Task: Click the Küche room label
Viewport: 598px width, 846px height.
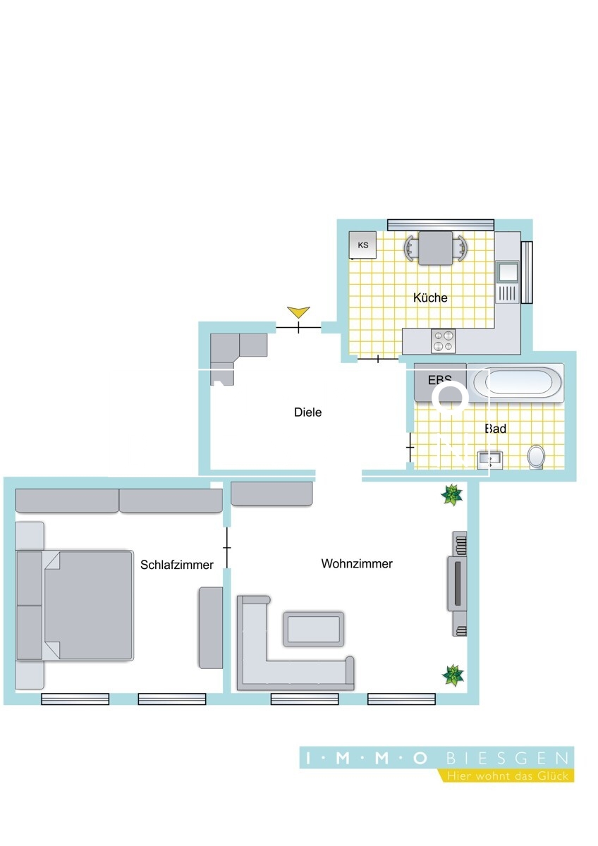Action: tap(430, 298)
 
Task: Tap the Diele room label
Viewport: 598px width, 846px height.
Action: tap(307, 412)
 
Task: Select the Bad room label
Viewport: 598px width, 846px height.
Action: tap(496, 429)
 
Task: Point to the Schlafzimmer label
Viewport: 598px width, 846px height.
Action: tap(177, 565)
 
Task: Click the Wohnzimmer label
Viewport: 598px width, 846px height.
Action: tap(357, 564)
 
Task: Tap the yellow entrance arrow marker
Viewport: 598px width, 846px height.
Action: tap(299, 312)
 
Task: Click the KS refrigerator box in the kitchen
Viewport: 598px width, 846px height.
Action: tap(363, 245)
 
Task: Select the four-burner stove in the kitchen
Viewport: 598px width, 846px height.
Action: tap(443, 341)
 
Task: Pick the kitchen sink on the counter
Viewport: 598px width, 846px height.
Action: tap(507, 271)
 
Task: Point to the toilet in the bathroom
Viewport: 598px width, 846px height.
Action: tap(537, 456)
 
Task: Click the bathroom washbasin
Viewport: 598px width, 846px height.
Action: tap(489, 460)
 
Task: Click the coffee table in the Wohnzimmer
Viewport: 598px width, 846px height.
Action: tap(314, 628)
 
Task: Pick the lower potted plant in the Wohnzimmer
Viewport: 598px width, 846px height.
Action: tap(452, 675)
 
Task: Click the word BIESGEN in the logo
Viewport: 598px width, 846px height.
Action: tap(508, 759)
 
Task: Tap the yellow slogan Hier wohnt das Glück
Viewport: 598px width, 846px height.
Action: tap(507, 775)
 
